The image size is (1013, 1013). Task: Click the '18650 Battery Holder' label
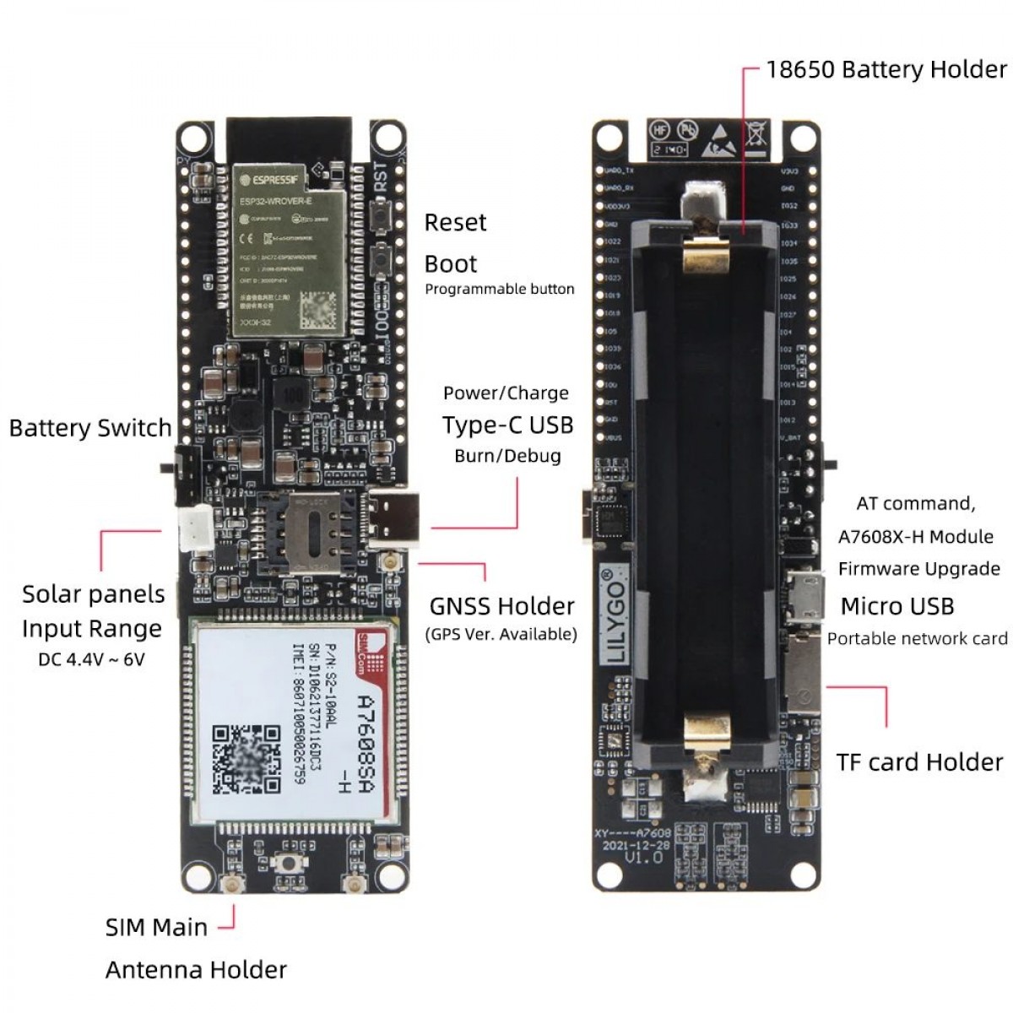click(x=886, y=69)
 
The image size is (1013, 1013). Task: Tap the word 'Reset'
click(x=455, y=223)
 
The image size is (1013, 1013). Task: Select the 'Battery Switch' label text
click(x=90, y=428)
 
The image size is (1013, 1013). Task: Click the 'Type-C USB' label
click(x=507, y=425)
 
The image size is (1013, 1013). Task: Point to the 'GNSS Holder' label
click(x=501, y=606)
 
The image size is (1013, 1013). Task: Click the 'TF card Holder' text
click(x=919, y=762)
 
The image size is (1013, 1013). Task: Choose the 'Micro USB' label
click(x=897, y=606)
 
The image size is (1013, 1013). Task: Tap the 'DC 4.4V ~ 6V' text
click(x=91, y=659)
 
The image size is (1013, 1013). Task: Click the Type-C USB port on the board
click(x=393, y=517)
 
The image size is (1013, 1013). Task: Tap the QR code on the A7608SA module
click(x=245, y=757)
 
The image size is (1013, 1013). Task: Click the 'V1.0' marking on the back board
click(x=643, y=858)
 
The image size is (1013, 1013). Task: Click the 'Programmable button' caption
click(x=499, y=289)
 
